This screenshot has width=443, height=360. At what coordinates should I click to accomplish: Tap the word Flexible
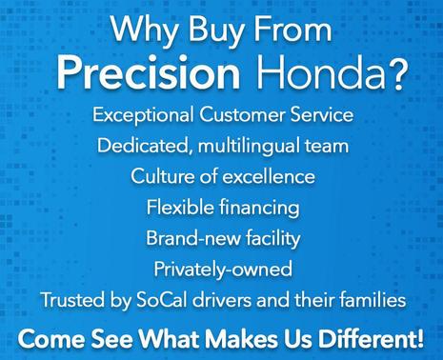tap(176, 207)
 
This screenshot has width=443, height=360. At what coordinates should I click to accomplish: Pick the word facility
tap(266, 237)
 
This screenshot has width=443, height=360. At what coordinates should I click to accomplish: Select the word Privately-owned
tap(221, 268)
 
